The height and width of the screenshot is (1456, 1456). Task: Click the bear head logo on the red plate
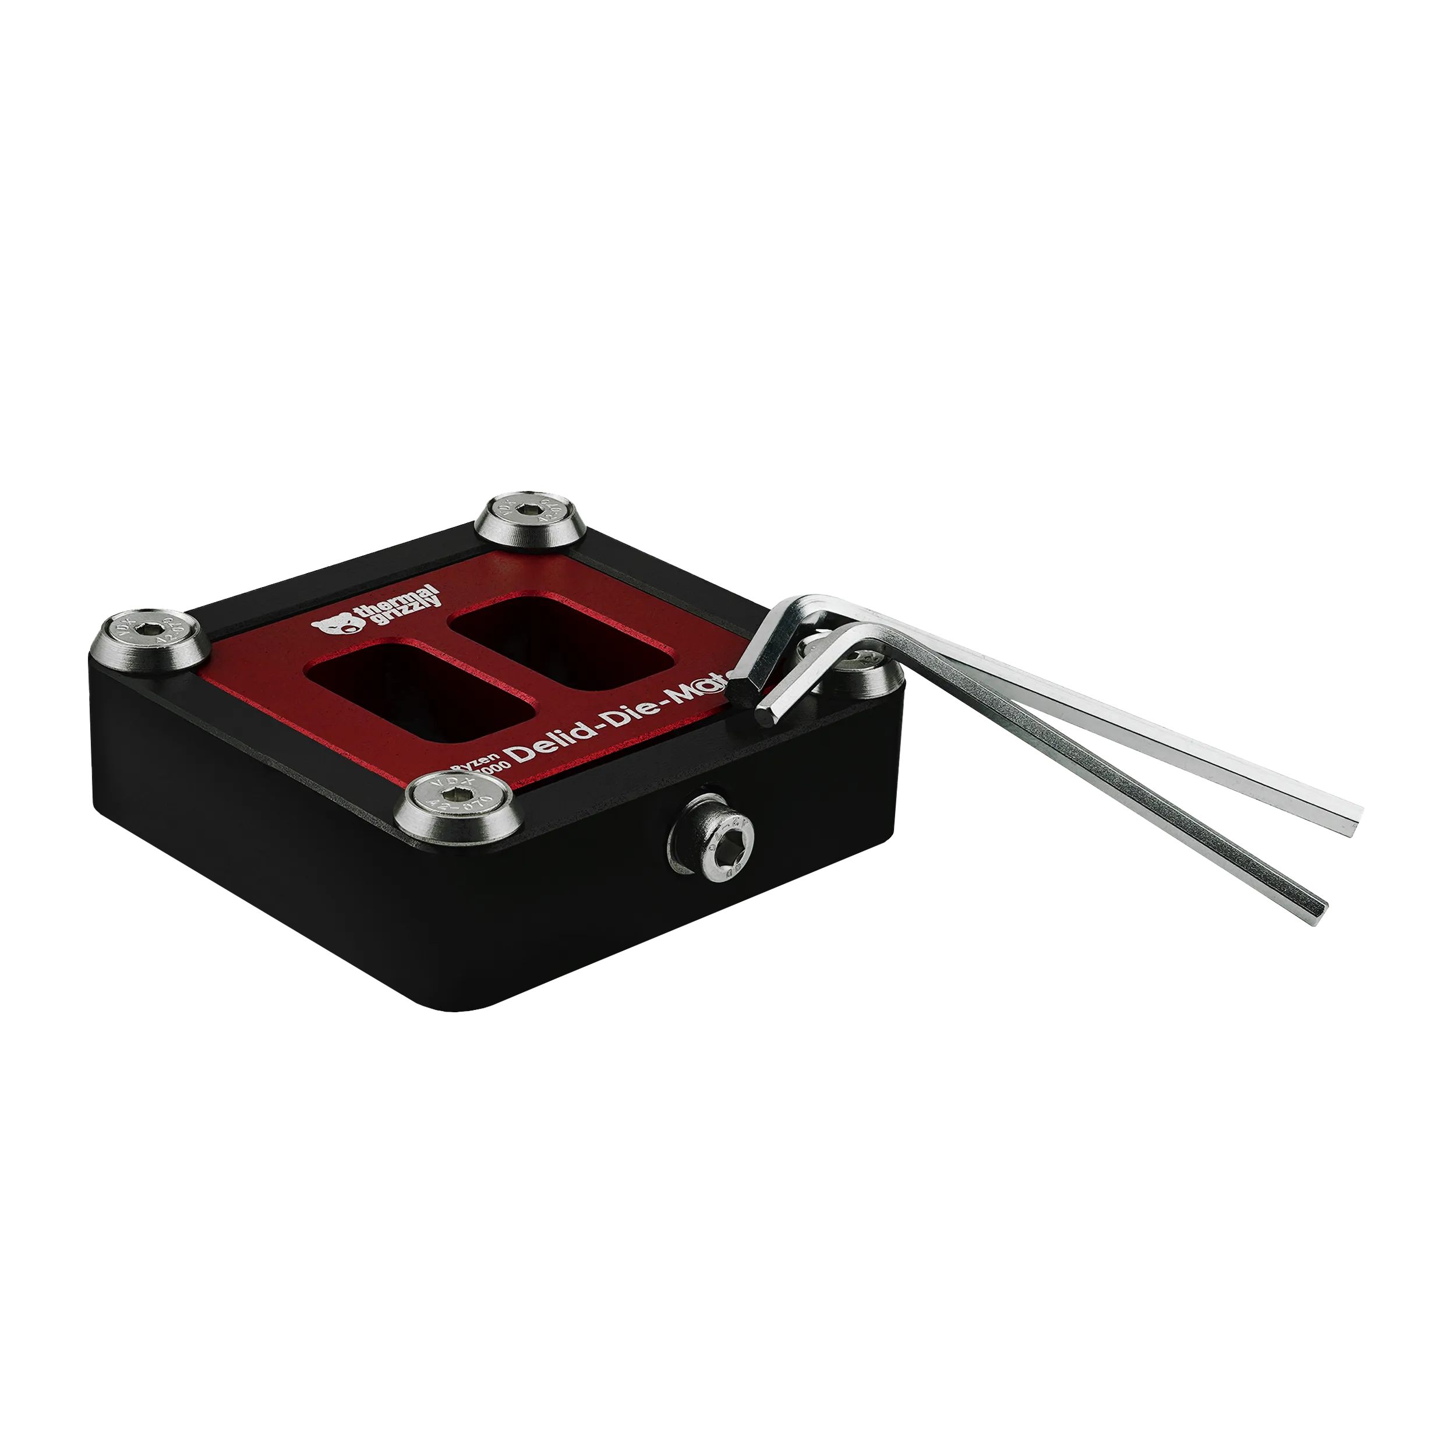(x=333, y=625)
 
